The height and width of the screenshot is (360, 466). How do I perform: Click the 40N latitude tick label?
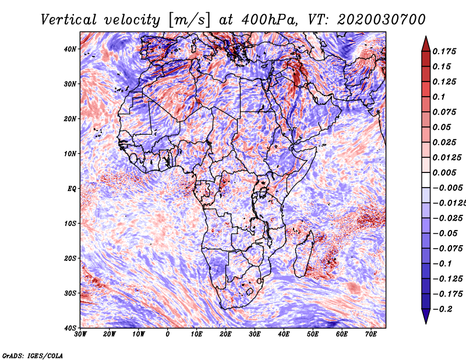(70, 49)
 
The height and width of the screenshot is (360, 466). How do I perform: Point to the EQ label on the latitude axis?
(72, 189)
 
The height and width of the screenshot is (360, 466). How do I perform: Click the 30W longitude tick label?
(80, 334)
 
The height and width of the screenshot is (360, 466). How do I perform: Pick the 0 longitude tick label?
(167, 334)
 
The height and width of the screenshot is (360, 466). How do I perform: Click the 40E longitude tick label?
(284, 334)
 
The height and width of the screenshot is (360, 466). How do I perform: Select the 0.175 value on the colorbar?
(444, 51)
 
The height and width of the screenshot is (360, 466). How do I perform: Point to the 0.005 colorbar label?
(444, 172)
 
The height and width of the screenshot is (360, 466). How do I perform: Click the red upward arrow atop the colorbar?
(426, 44)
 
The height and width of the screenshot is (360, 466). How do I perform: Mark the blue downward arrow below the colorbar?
(426, 316)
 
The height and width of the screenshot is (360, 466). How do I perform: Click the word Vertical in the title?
(69, 20)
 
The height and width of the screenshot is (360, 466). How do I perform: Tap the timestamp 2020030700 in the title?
(382, 20)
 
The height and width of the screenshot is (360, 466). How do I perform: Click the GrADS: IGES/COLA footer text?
(33, 355)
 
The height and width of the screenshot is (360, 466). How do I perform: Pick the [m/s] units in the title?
(189, 20)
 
